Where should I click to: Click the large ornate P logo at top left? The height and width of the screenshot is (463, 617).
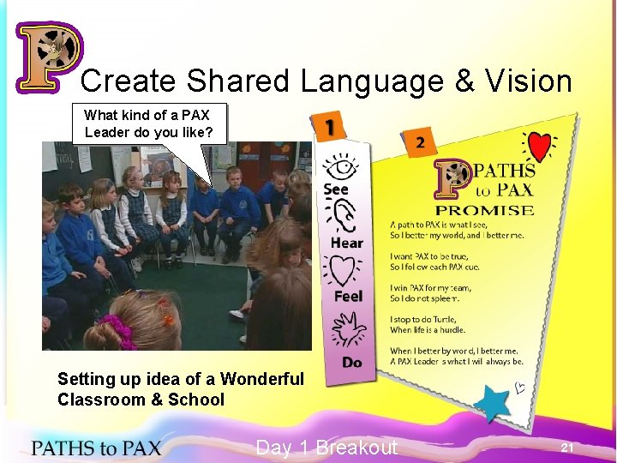pyautogui.click(x=48, y=56)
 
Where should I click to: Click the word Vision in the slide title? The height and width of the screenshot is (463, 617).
pyautogui.click(x=528, y=81)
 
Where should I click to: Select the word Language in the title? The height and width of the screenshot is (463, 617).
pyautogui.click(x=371, y=81)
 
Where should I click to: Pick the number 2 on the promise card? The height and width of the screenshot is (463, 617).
pyautogui.click(x=420, y=143)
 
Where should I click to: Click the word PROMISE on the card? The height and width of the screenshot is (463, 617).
pyautogui.click(x=485, y=210)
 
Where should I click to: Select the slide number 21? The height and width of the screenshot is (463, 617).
pyautogui.click(x=566, y=448)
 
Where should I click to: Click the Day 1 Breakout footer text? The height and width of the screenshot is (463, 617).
pyautogui.click(x=326, y=447)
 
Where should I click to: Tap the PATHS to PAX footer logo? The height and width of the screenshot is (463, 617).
pyautogui.click(x=96, y=447)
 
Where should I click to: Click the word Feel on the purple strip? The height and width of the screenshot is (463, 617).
pyautogui.click(x=348, y=296)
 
